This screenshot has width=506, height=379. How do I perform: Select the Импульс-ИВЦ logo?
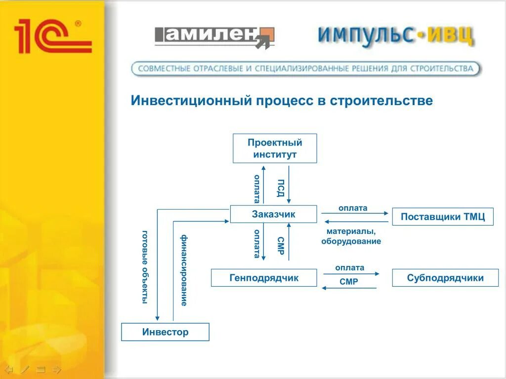pyautogui.click(x=396, y=35)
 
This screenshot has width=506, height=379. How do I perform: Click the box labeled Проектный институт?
pyautogui.click(x=275, y=149)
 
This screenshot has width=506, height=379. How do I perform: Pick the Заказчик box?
pyautogui.click(x=273, y=214)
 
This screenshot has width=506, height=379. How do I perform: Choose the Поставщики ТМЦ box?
pyautogui.click(x=443, y=217)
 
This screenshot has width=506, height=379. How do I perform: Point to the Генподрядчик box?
pyautogui.click(x=264, y=278)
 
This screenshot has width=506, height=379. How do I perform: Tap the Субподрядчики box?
pyautogui.click(x=445, y=278)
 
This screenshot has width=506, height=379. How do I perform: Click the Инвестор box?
pyautogui.click(x=165, y=332)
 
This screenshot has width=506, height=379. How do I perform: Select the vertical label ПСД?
pyautogui.click(x=280, y=188)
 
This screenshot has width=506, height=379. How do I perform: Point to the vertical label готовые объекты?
pyautogui.click(x=145, y=267)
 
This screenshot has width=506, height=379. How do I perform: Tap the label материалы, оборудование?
pyautogui.click(x=351, y=236)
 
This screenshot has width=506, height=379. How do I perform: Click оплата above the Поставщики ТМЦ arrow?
pyautogui.click(x=353, y=208)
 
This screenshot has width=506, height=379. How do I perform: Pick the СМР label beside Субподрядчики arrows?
pyautogui.click(x=349, y=282)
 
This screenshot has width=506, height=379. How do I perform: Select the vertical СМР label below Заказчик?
pyautogui.click(x=280, y=245)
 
